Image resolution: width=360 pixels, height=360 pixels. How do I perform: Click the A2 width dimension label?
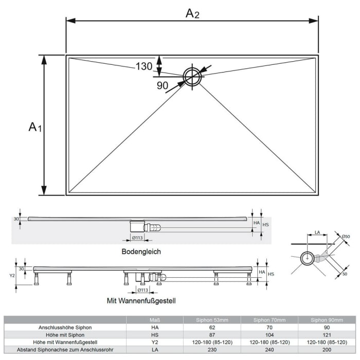pyautogui.click(x=192, y=14)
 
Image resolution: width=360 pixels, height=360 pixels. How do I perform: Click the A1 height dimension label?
pyautogui.click(x=34, y=127)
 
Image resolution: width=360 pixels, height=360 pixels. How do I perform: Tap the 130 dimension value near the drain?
pyautogui.click(x=144, y=66)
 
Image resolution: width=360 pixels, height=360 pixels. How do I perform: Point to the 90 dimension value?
pyautogui.click(x=163, y=86)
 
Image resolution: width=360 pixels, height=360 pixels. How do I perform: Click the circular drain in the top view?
pyautogui.click(x=192, y=77)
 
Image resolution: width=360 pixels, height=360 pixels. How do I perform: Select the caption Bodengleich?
pyautogui.click(x=141, y=251)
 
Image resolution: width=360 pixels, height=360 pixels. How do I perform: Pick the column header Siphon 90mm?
pyautogui.click(x=327, y=320)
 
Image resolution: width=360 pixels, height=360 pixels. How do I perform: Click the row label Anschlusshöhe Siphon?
pyautogui.click(x=65, y=327)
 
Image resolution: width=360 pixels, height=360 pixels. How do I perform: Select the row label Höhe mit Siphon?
pyautogui.click(x=65, y=335)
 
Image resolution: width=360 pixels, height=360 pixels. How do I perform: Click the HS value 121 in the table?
pyautogui.click(x=327, y=335)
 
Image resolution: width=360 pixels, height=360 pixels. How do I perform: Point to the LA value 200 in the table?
pyautogui.click(x=327, y=350)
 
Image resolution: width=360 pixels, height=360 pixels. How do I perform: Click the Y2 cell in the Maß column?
pyautogui.click(x=155, y=342)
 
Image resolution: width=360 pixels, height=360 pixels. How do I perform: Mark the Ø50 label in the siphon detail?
pyautogui.click(x=346, y=236)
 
